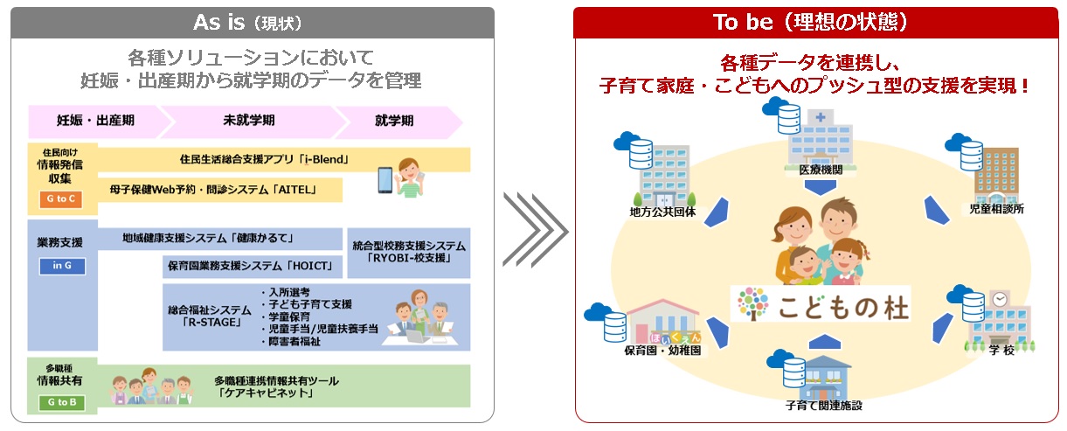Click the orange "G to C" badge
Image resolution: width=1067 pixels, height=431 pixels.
coord(61,198)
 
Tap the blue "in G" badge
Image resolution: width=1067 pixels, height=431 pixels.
coord(62,266)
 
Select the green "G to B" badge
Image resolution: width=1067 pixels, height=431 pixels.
coord(62,402)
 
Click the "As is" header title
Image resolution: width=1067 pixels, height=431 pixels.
coord(247,23)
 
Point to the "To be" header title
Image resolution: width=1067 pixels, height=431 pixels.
coord(810,22)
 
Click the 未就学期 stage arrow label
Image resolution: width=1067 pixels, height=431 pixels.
coord(249,120)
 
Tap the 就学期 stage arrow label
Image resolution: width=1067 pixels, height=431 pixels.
coord(394,121)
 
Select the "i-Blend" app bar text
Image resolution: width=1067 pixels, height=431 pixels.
coord(265,159)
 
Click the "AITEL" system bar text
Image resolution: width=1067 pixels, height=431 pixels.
coord(213,190)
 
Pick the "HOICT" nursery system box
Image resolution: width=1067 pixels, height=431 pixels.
coord(253,267)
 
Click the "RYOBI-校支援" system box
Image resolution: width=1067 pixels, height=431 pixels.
coord(409,253)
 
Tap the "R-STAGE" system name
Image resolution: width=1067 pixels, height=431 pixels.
coord(210,316)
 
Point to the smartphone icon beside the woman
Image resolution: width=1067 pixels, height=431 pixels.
coord(385,180)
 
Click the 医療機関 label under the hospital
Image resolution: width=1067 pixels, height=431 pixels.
coord(821,170)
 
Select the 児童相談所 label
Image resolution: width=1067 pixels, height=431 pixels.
coord(996,209)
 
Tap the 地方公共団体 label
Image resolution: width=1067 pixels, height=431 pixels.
coord(662,212)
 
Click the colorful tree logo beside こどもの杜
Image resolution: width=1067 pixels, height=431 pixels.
coord(753,303)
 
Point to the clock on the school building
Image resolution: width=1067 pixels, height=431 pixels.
coord(1000,299)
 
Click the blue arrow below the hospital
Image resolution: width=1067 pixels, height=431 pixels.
coord(821,187)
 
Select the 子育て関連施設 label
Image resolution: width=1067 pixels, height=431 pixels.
coord(823,406)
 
